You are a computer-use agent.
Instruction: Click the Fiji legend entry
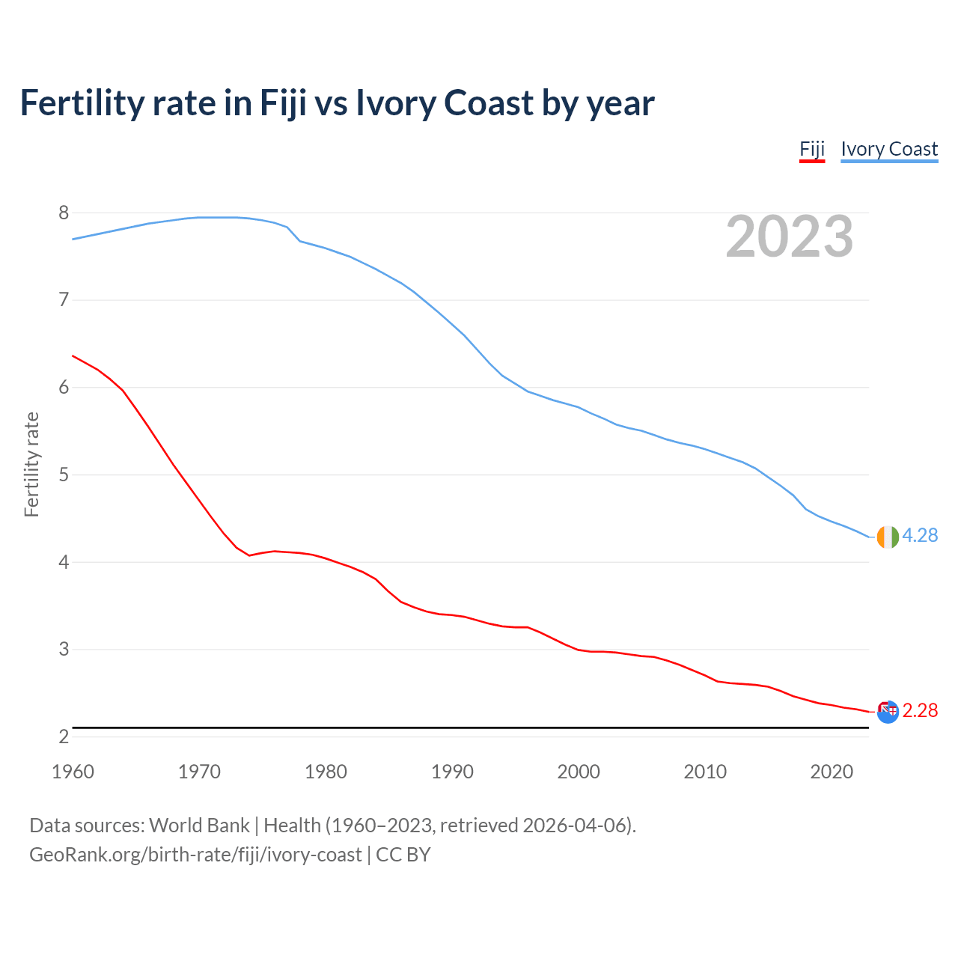coord(812,150)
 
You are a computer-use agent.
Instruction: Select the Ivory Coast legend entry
coord(889,150)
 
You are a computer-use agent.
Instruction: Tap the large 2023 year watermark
coord(790,237)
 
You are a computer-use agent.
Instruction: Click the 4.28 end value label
coord(920,536)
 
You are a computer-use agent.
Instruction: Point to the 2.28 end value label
coord(920,710)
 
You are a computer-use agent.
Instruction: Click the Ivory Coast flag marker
coord(888,537)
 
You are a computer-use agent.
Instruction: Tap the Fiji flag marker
coord(888,712)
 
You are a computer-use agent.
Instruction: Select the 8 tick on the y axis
coord(64,213)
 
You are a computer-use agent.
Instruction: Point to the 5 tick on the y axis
coord(64,475)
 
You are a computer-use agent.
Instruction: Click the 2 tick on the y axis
coord(64,737)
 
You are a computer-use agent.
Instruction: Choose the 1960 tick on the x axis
coord(73,772)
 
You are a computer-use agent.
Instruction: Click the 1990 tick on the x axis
coord(452,772)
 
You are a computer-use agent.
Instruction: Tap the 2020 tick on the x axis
coord(832,772)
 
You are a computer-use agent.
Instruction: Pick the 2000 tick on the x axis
coord(579,772)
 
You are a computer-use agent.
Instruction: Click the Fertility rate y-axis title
coord(31,464)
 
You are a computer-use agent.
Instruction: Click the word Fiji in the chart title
coord(283,103)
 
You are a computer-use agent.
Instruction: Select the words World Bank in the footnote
coord(199,826)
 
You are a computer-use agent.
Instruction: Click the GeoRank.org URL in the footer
coord(195,855)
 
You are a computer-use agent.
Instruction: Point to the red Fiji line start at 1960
coord(73,356)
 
